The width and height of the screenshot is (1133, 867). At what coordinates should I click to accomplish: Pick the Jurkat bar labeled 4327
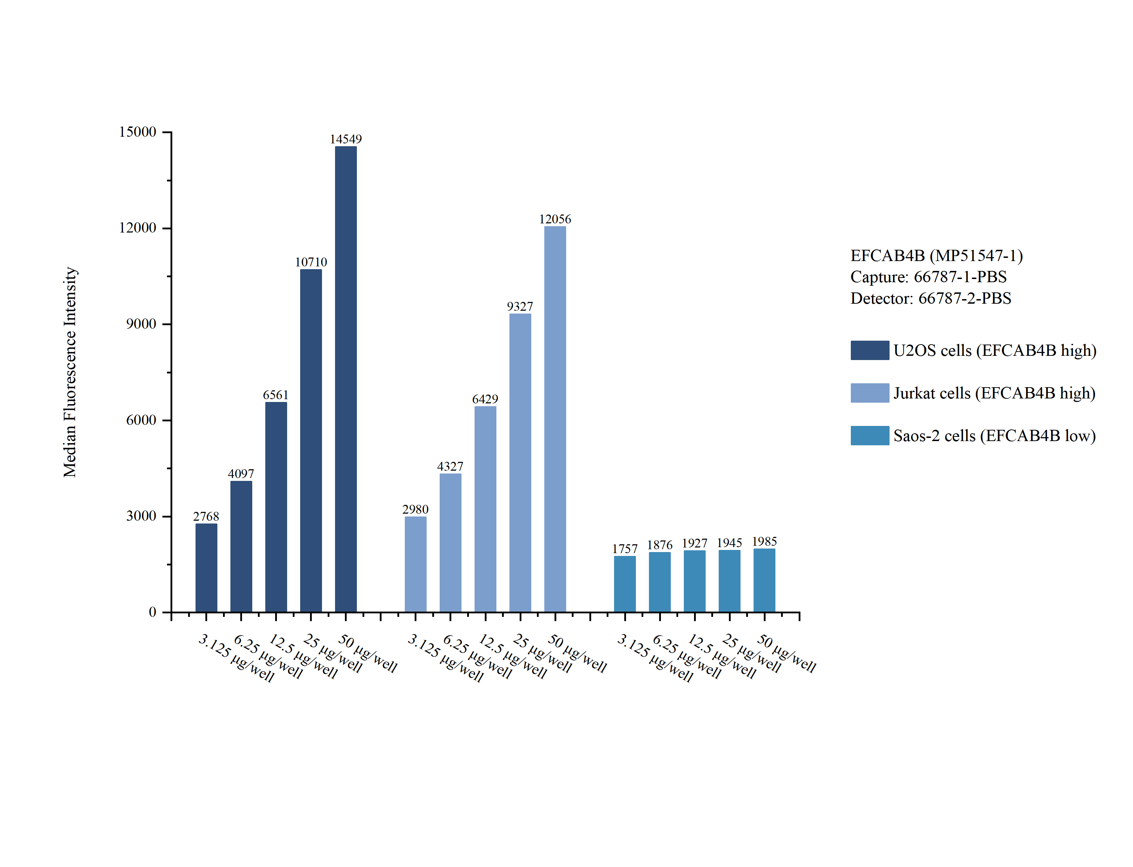pyautogui.click(x=450, y=542)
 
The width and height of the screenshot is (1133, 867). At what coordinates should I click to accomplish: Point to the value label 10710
pyautogui.click(x=311, y=262)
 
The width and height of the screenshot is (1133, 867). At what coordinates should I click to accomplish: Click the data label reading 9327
pyautogui.click(x=520, y=306)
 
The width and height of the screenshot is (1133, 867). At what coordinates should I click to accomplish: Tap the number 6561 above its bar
pyautogui.click(x=275, y=395)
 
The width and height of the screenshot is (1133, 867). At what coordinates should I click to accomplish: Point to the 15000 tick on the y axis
pyautogui.click(x=137, y=132)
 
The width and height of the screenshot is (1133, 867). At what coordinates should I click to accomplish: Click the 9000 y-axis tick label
pyautogui.click(x=141, y=324)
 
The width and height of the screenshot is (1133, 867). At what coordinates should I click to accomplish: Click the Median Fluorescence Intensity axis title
pyautogui.click(x=70, y=372)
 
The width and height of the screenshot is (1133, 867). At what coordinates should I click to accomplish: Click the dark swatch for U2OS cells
pyautogui.click(x=869, y=351)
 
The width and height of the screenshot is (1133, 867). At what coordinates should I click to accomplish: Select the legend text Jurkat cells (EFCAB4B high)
pyautogui.click(x=994, y=393)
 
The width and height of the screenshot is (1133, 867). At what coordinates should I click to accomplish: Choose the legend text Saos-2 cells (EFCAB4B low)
pyautogui.click(x=994, y=436)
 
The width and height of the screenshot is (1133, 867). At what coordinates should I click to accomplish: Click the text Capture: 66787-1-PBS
pyautogui.click(x=928, y=277)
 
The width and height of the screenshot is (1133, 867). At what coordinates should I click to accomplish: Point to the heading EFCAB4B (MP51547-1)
pyautogui.click(x=936, y=255)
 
